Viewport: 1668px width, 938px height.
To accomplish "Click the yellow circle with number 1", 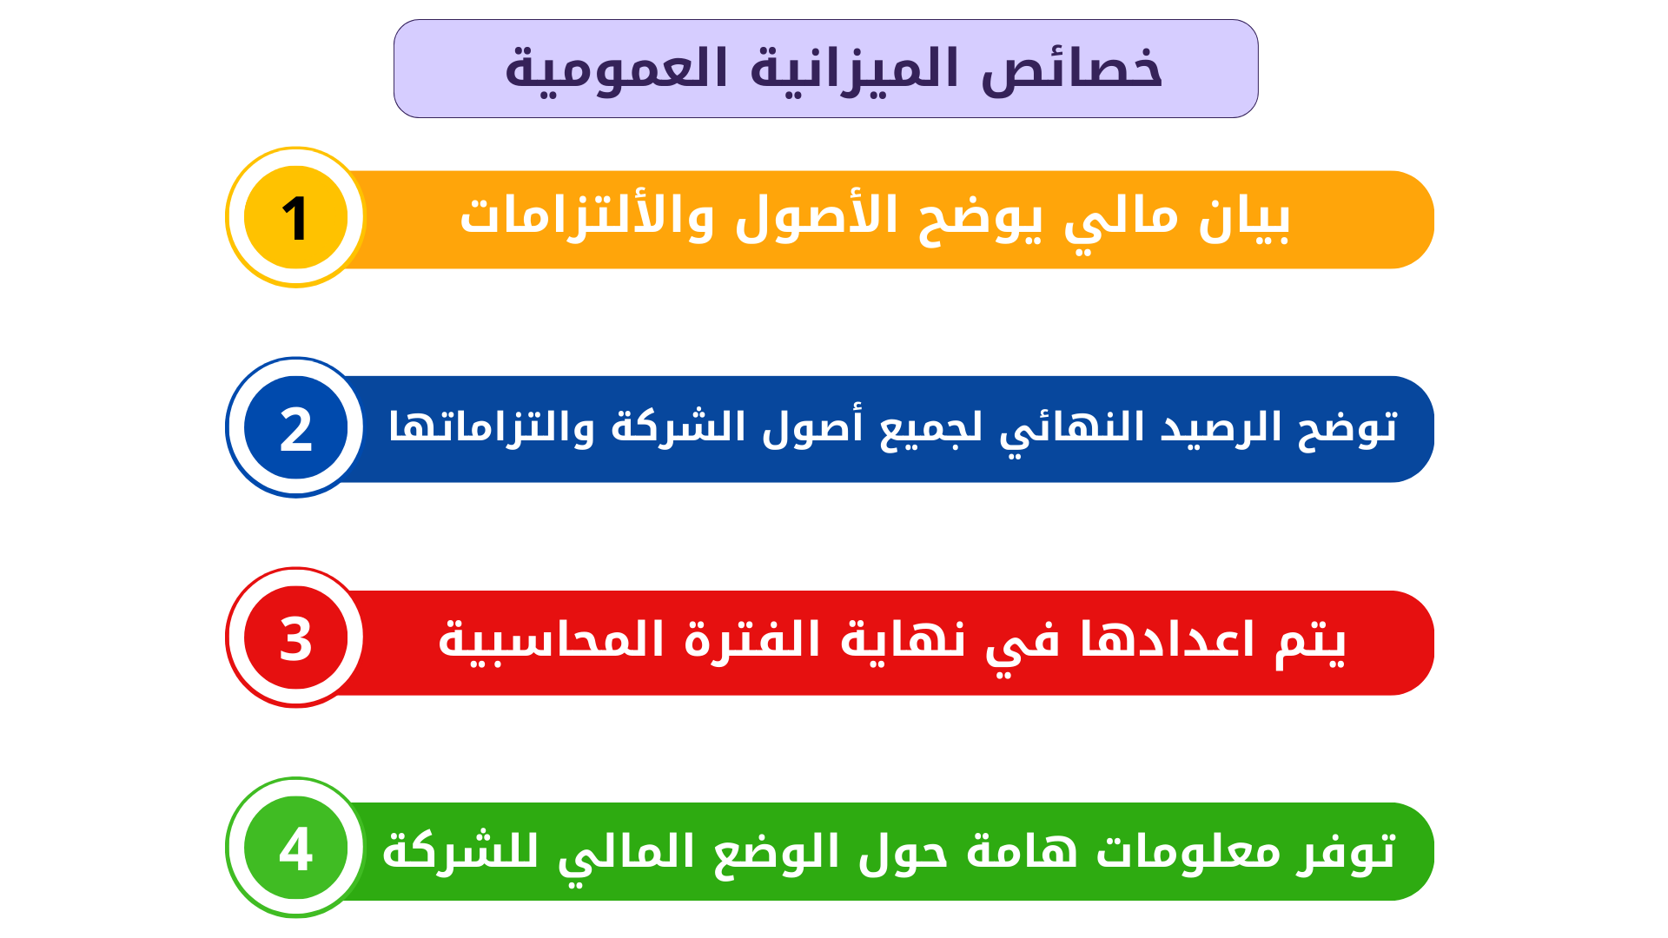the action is tap(295, 217).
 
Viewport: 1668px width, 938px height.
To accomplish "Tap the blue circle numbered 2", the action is tap(295, 427).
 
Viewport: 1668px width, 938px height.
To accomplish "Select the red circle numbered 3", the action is tap(295, 637).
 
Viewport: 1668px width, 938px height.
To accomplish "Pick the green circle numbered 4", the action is tap(295, 848).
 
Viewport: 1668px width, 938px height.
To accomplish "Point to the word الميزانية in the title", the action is tap(855, 68).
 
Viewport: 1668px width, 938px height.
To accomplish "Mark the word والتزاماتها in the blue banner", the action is tap(492, 426).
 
